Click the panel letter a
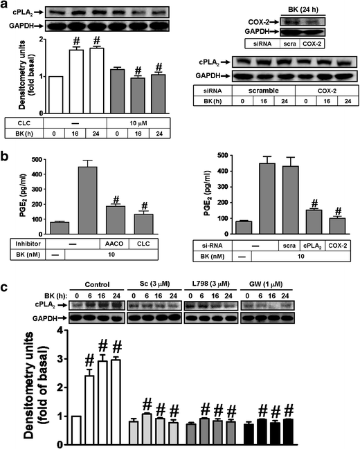click(x=6, y=6)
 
